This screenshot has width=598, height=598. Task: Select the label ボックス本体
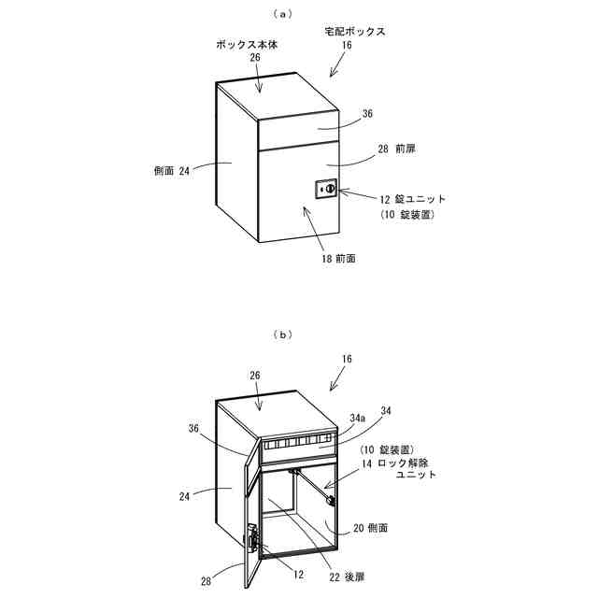[247, 43]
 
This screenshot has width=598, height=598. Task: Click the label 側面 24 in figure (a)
[171, 171]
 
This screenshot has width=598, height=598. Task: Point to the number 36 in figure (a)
[367, 113]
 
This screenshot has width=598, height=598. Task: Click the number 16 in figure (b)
[347, 359]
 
